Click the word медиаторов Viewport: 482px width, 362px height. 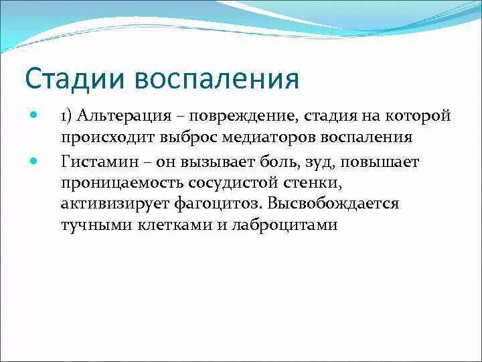pos(265,137)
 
